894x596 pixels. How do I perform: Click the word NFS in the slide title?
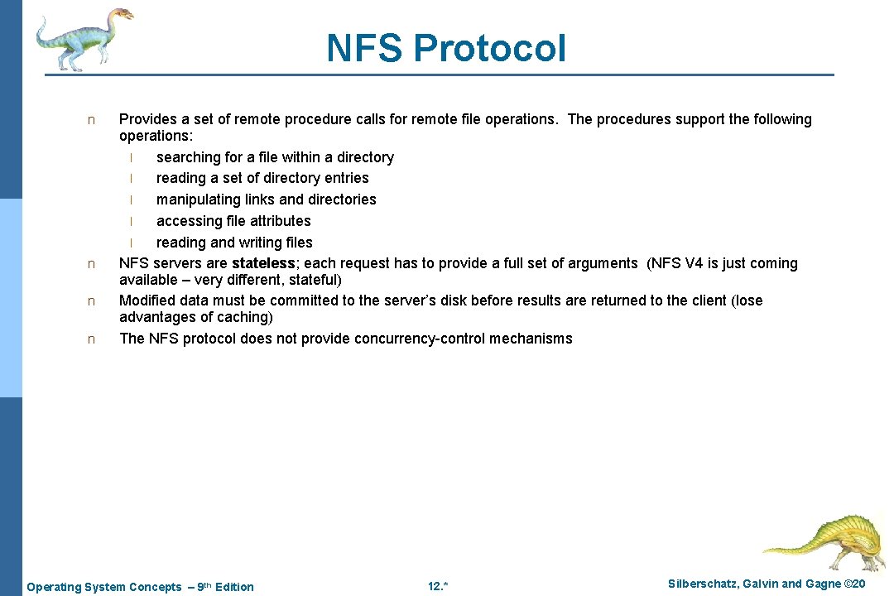pyautogui.click(x=365, y=48)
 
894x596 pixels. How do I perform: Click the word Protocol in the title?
pyautogui.click(x=490, y=48)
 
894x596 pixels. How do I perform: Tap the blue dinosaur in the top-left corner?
pyautogui.click(x=83, y=37)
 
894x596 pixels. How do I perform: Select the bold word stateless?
pyautogui.click(x=263, y=263)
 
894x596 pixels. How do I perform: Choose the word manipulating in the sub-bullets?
pyautogui.click(x=196, y=199)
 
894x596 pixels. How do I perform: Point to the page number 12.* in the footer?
pyautogui.click(x=438, y=587)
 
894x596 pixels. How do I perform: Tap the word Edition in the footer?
pyautogui.click(x=234, y=587)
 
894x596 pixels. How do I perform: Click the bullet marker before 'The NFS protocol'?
pyautogui.click(x=92, y=339)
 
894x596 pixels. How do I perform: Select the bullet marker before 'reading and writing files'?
pyautogui.click(x=131, y=243)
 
